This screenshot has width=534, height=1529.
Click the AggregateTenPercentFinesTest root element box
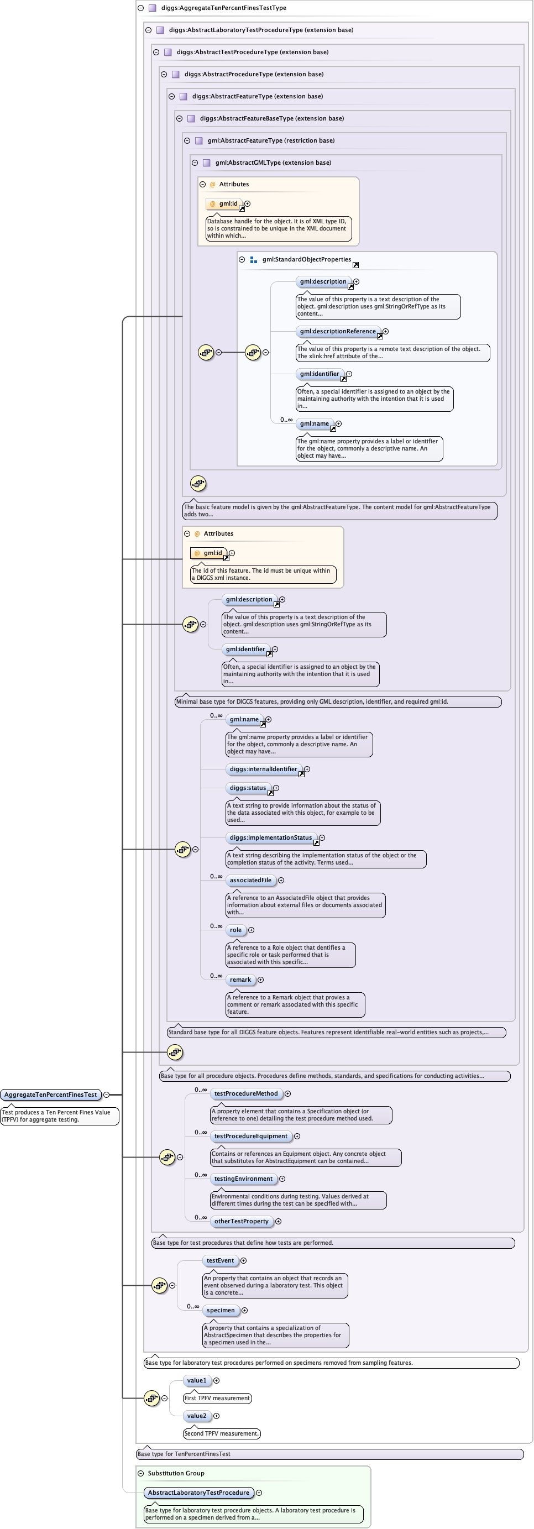click(x=50, y=1095)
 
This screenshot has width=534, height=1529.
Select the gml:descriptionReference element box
click(x=338, y=331)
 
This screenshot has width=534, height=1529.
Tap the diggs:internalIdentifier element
click(x=264, y=769)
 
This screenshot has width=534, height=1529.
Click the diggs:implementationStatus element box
click(x=270, y=837)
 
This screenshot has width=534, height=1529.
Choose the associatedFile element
click(x=250, y=880)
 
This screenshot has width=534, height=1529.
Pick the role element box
click(x=235, y=930)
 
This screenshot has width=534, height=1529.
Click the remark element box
click(x=240, y=980)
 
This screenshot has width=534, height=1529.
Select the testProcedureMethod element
click(x=245, y=1093)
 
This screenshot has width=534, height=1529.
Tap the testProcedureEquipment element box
click(x=250, y=1136)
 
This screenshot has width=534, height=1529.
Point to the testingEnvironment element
click(x=243, y=1179)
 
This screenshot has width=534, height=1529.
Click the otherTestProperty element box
click(x=241, y=1222)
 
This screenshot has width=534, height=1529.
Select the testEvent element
click(x=220, y=1260)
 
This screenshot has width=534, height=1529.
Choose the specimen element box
click(x=221, y=1310)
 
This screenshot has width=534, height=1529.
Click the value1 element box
click(x=197, y=1381)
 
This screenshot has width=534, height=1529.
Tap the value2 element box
click(x=197, y=1416)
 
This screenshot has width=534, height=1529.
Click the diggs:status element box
click(x=248, y=788)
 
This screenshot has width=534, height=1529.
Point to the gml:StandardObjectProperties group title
click(x=306, y=259)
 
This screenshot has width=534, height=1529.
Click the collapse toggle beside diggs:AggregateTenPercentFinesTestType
click(x=140, y=8)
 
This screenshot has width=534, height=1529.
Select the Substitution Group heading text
click(x=176, y=1473)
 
